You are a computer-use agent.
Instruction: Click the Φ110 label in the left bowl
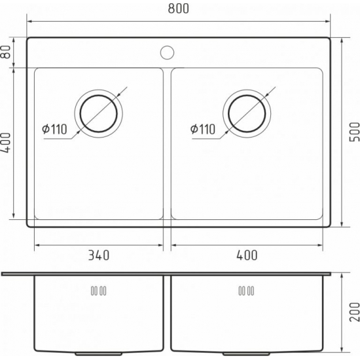(x=54, y=130)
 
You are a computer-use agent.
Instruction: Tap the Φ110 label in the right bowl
(x=203, y=130)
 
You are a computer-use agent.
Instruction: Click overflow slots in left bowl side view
(x=98, y=291)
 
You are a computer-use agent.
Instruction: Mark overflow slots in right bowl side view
(x=246, y=291)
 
